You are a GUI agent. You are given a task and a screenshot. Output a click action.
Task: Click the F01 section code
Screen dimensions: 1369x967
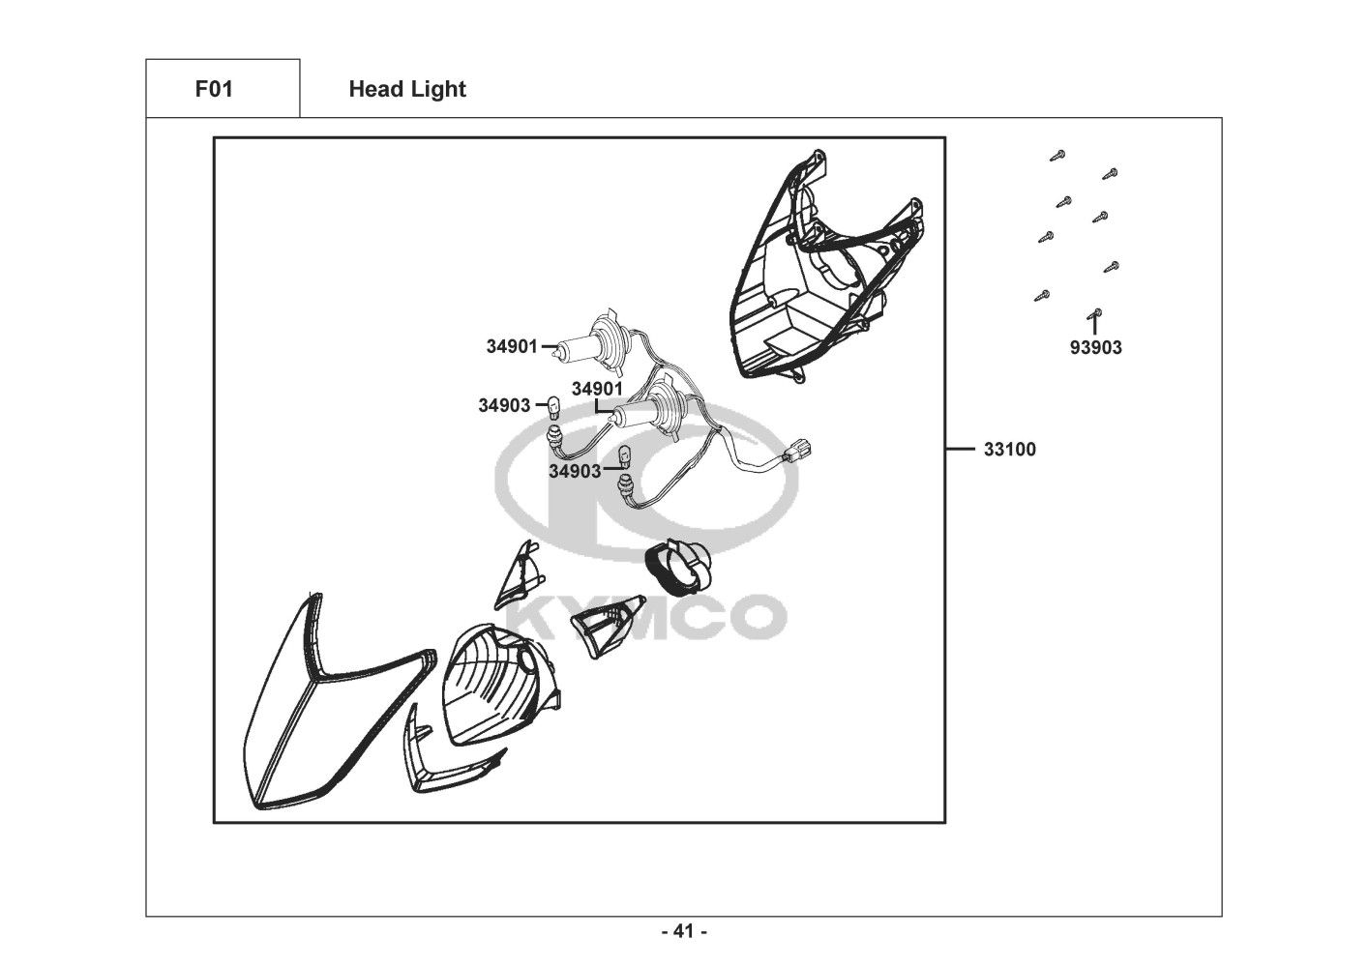[214, 89]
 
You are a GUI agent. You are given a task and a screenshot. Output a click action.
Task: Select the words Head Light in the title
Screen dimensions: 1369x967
[407, 90]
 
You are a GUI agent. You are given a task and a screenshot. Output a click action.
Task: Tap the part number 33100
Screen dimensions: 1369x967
[1010, 450]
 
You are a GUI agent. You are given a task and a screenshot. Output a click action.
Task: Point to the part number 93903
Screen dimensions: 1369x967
[1096, 347]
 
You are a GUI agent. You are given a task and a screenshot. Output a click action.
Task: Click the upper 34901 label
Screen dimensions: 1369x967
[512, 346]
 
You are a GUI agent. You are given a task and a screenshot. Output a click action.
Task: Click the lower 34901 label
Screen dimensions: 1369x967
[597, 389]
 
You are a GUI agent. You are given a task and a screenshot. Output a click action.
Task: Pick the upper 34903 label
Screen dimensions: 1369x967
[504, 405]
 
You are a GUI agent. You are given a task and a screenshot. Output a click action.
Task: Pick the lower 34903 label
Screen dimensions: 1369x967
[575, 471]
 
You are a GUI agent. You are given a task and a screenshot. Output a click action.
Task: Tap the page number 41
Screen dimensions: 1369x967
[685, 931]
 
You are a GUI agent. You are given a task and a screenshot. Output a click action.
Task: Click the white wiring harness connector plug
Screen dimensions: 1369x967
[797, 453]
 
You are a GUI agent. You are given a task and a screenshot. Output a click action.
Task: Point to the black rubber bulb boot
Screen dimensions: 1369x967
[679, 568]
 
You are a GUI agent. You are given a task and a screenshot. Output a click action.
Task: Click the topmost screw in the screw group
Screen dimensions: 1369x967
[1057, 155]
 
